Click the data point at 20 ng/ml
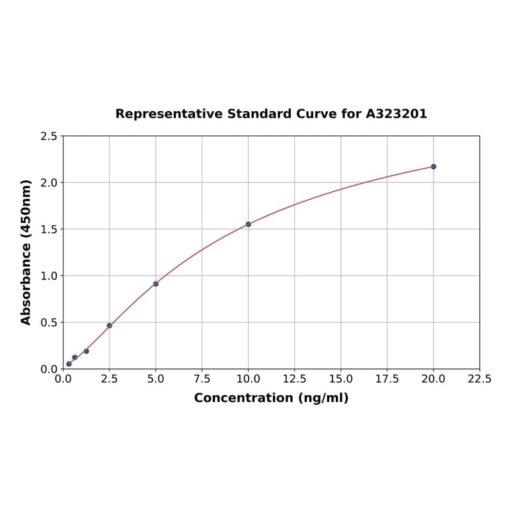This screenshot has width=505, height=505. (x=434, y=167)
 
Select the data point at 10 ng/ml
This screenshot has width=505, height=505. (x=249, y=224)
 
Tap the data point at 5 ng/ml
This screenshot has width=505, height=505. (x=156, y=284)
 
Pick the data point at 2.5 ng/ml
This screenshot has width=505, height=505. (x=109, y=325)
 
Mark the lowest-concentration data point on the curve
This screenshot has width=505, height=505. (x=69, y=364)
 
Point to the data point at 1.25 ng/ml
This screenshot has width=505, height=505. (x=86, y=351)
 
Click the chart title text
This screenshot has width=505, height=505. (x=271, y=114)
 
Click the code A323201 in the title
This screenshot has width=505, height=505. (x=396, y=114)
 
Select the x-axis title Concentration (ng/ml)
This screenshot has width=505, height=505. (x=271, y=398)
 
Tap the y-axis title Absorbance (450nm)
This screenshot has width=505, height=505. (x=26, y=252)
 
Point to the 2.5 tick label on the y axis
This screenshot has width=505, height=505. (x=49, y=136)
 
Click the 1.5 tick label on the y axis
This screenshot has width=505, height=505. (x=49, y=229)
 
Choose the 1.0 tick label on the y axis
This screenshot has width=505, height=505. (x=49, y=276)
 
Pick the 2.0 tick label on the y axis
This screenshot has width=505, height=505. (x=49, y=182)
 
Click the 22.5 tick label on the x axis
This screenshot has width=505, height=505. (x=479, y=379)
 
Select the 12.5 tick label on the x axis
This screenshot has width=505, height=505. (x=294, y=379)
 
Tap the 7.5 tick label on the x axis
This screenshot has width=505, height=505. (x=202, y=379)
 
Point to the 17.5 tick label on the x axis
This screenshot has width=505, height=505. (x=387, y=379)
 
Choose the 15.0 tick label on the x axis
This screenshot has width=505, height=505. (x=340, y=379)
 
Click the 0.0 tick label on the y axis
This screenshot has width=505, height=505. (x=49, y=369)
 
